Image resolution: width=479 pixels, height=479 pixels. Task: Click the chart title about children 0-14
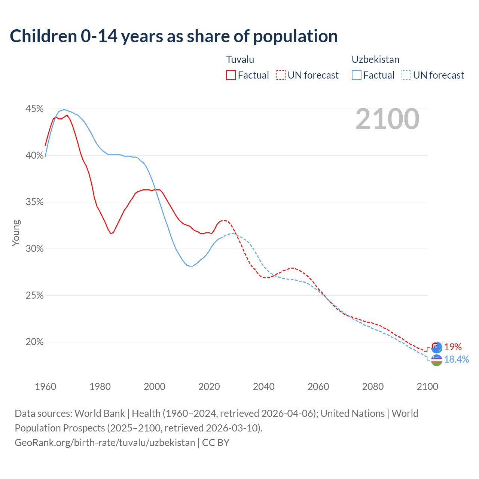click(x=174, y=36)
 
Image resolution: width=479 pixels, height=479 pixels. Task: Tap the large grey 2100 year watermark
click(x=387, y=119)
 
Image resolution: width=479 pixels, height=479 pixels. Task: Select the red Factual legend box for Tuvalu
click(x=231, y=75)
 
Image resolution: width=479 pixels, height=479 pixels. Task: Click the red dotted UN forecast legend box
click(x=281, y=75)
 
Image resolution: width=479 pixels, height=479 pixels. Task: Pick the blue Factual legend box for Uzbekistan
click(x=357, y=75)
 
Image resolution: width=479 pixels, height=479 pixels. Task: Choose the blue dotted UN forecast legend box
click(x=406, y=75)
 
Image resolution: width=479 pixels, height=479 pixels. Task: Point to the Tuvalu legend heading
click(x=240, y=60)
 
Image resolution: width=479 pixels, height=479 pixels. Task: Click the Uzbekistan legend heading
click(x=375, y=60)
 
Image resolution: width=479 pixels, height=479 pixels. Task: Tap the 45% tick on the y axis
click(x=34, y=109)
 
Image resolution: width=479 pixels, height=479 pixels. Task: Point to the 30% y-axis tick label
click(x=34, y=249)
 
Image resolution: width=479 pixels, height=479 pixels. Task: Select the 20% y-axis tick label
click(x=34, y=342)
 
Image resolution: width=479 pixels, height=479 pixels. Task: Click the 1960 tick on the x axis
click(x=45, y=387)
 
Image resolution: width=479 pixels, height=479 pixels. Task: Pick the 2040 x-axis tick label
click(x=264, y=387)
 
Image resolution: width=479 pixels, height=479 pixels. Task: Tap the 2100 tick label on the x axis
click(x=427, y=387)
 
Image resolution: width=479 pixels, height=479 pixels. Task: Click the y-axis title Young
click(x=16, y=233)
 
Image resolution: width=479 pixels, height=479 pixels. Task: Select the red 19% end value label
click(x=453, y=347)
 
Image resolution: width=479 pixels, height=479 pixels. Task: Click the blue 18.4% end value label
click(x=457, y=360)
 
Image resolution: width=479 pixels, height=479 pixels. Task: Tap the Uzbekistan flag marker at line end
click(x=437, y=360)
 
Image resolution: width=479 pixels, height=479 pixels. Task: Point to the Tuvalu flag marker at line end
click(x=437, y=347)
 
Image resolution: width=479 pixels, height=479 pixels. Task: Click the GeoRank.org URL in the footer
click(x=105, y=443)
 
